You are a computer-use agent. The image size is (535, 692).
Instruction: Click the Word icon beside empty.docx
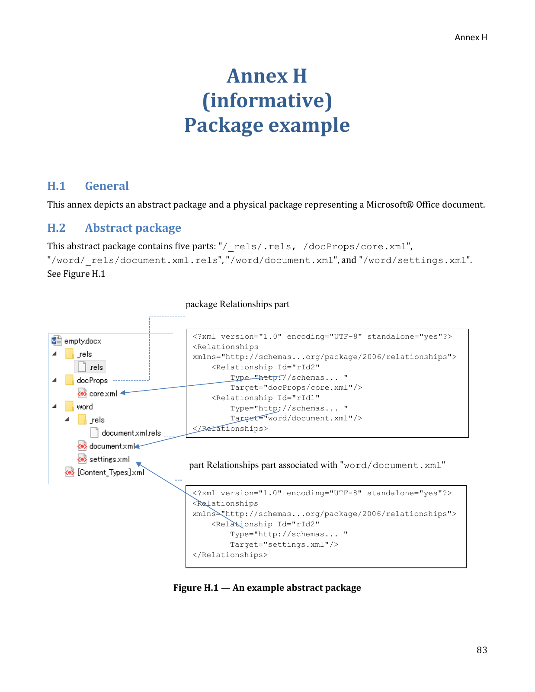coord(56,340)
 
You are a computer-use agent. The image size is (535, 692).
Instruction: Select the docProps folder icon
coord(70,380)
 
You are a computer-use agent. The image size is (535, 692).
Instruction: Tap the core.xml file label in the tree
coord(103,394)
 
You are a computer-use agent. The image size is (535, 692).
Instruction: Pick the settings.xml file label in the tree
coord(109,459)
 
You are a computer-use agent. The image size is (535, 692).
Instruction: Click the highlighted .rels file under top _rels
coord(90,367)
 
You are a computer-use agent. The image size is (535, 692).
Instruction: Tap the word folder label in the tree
coord(85,407)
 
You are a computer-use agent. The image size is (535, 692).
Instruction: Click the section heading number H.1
coord(56,186)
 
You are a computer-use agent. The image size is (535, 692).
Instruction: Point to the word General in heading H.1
coord(107,186)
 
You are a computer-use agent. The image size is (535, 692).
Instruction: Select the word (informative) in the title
coord(267,101)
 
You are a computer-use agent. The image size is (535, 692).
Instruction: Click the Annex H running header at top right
coord(471,38)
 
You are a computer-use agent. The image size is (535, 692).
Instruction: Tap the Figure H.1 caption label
coord(195,587)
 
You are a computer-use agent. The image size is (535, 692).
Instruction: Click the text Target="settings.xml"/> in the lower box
coord(285,545)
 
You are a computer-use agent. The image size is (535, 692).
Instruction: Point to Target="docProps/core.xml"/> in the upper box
coord(296,388)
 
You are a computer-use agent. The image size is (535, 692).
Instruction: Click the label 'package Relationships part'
coord(237,304)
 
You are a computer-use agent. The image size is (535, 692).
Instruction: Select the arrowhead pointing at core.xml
coord(122,393)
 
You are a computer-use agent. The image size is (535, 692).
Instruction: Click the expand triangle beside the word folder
coord(54,407)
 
